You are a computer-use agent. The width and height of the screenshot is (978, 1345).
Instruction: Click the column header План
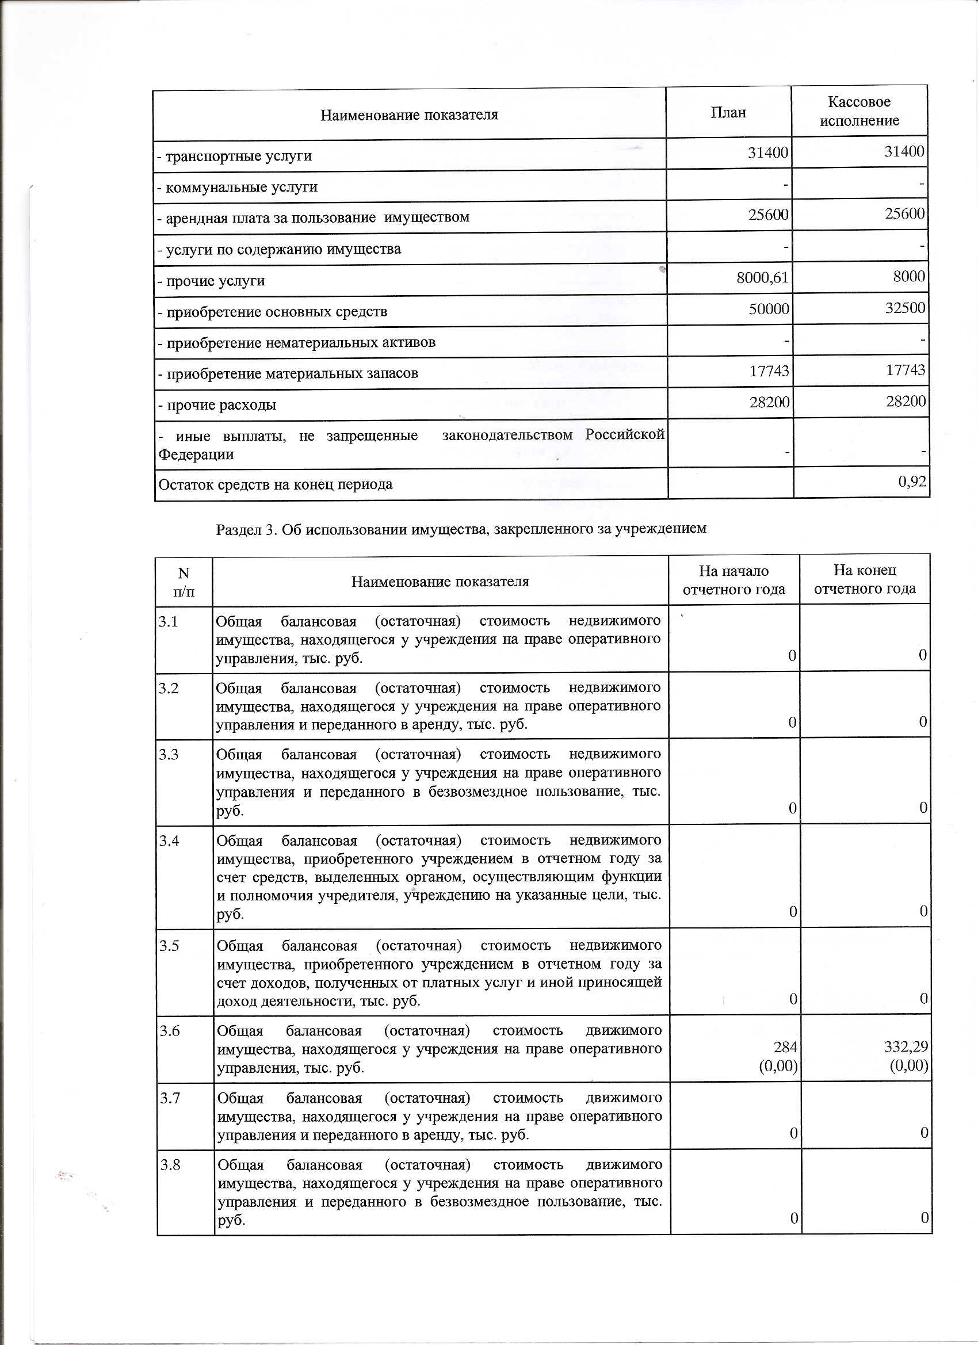click(x=728, y=113)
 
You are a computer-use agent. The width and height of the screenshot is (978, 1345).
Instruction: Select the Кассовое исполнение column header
click(x=859, y=111)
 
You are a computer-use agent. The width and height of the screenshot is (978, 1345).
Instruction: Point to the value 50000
click(x=769, y=308)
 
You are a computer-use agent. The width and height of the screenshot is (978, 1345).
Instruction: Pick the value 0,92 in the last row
click(x=912, y=481)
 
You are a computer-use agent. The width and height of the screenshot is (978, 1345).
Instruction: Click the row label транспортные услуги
click(x=234, y=156)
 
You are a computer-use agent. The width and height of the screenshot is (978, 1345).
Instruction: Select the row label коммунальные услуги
click(x=237, y=187)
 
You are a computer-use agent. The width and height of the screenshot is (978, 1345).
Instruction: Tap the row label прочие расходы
click(x=217, y=405)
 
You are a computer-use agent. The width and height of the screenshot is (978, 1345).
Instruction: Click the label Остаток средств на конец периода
click(x=275, y=484)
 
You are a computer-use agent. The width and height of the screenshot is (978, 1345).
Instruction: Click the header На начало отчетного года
click(x=733, y=579)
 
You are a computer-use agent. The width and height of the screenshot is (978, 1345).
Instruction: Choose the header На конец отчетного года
click(x=865, y=579)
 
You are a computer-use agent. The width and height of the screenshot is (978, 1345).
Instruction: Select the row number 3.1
click(x=168, y=621)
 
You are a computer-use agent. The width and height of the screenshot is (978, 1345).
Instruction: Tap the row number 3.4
click(x=169, y=840)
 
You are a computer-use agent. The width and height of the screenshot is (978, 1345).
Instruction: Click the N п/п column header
click(x=184, y=581)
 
